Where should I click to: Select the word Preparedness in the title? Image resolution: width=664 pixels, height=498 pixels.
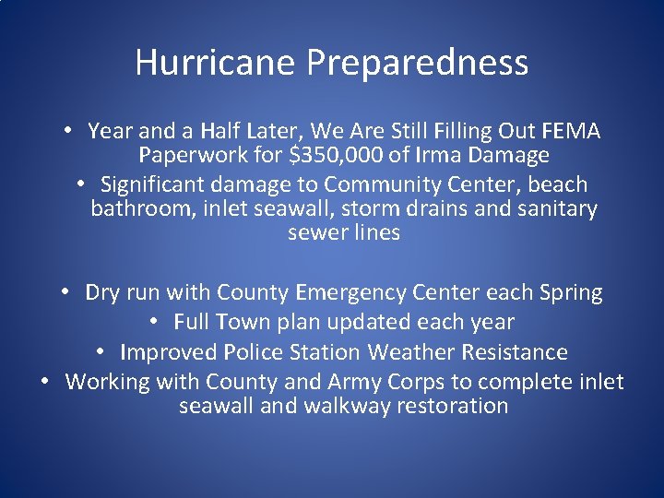[x=418, y=63]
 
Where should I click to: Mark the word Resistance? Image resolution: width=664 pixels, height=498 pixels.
[x=514, y=352]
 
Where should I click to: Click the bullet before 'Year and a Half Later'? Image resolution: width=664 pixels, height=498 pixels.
[x=68, y=131]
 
